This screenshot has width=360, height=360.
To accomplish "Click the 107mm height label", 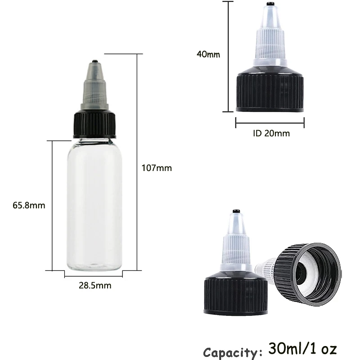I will pos(157,168).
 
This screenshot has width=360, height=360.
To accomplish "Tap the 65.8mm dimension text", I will pos(29,205).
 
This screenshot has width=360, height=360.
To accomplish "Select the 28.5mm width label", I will pos(94,285).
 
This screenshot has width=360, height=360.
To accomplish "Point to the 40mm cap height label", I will pos(208,54).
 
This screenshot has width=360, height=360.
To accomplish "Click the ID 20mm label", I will pos(270,133).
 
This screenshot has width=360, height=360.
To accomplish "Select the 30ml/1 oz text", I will pos(302,349).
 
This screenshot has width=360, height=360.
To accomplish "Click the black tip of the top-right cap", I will pos(270,4).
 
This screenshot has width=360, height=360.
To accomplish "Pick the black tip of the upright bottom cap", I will pos(235,211).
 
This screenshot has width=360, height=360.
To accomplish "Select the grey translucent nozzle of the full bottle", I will pos(94,85).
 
